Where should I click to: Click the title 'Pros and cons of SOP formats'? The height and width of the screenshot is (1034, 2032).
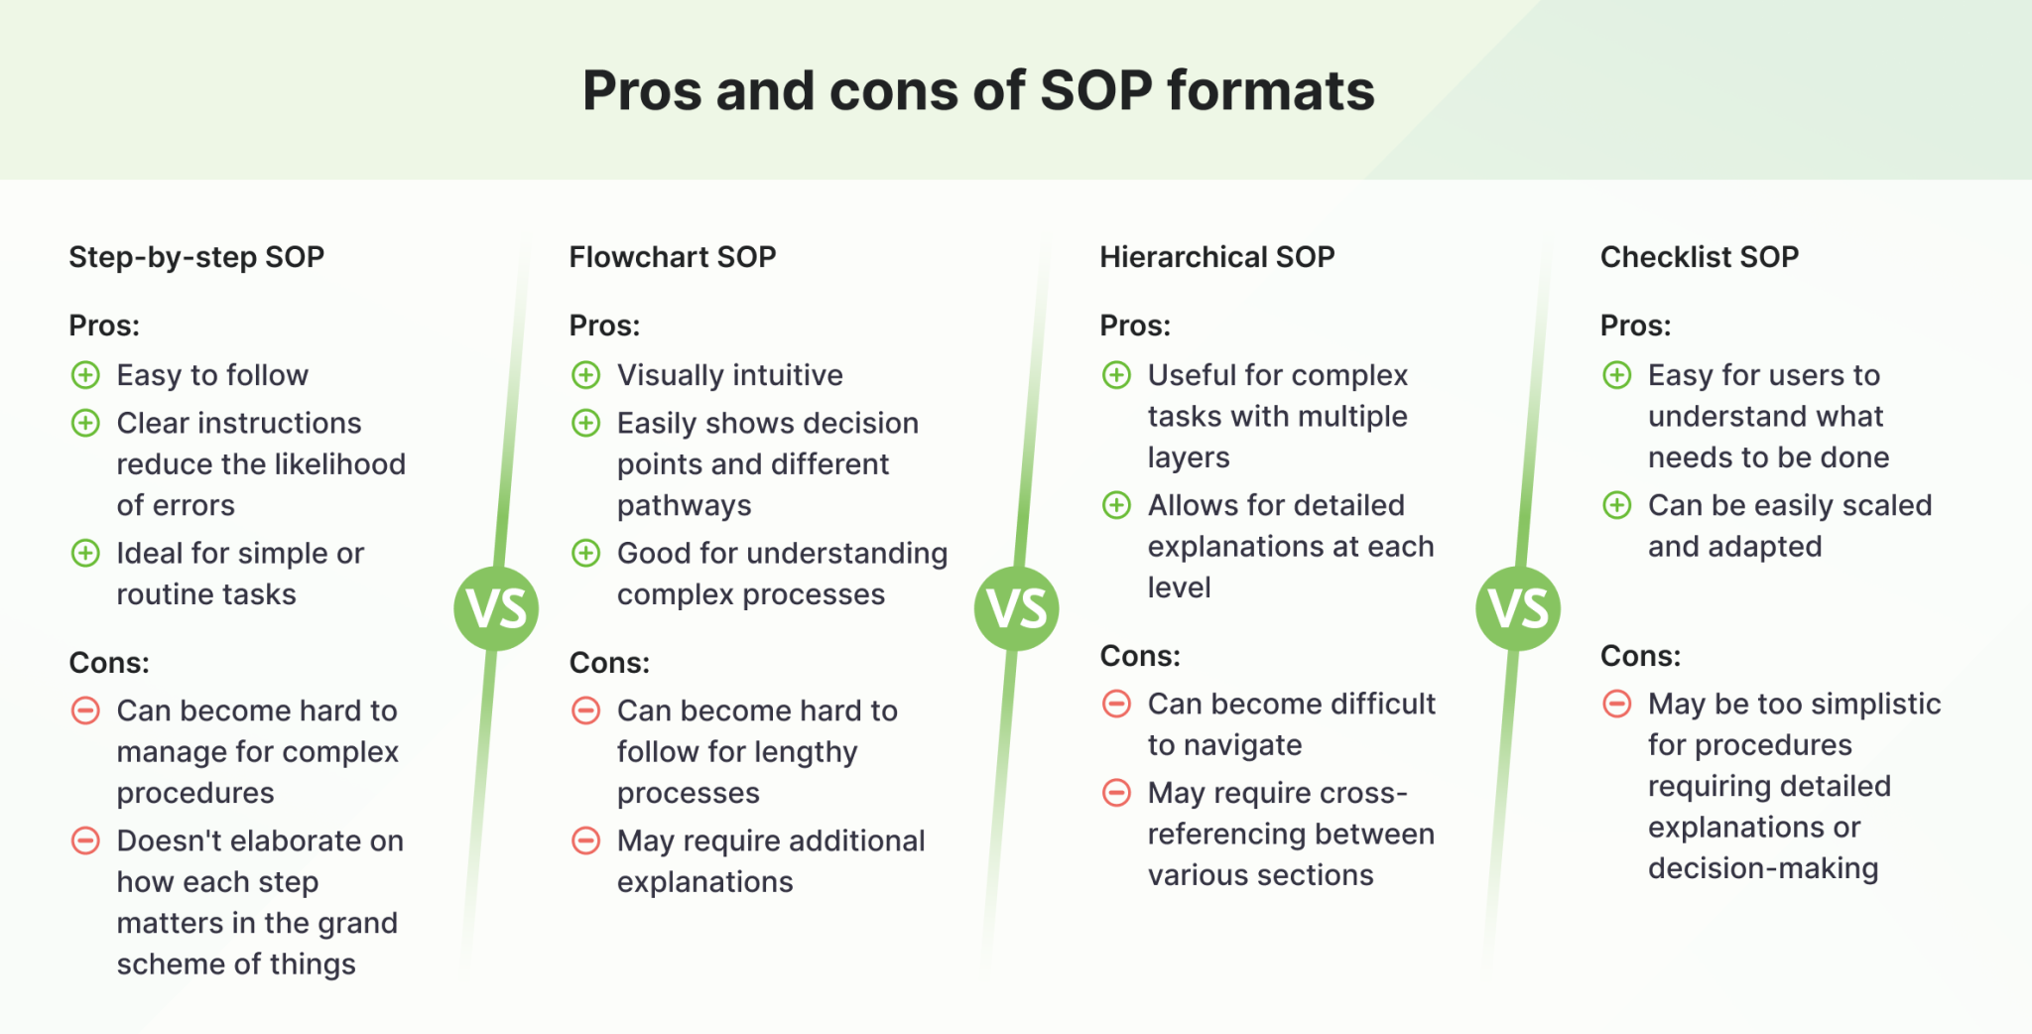click(x=978, y=90)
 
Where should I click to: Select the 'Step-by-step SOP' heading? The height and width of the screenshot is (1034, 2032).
click(x=196, y=257)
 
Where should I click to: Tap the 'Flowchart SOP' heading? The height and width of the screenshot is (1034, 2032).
click(x=672, y=257)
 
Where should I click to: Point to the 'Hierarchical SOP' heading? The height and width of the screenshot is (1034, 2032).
click(x=1216, y=257)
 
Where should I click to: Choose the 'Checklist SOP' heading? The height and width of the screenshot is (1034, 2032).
click(x=1699, y=257)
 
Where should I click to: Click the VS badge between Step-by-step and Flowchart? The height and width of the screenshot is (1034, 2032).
click(x=496, y=608)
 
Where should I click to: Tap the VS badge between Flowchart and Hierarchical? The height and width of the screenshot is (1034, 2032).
click(x=1017, y=608)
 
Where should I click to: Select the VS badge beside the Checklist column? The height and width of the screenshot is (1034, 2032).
click(x=1518, y=608)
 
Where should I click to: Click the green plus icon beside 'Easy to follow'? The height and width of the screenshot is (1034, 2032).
click(x=86, y=375)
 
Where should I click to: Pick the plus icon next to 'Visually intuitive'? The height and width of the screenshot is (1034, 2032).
click(x=586, y=375)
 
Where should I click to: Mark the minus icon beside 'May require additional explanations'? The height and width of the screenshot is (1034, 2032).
click(x=586, y=841)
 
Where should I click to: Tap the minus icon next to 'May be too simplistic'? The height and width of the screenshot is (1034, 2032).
click(x=1617, y=705)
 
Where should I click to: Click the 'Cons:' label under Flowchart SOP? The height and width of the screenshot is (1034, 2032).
click(x=609, y=662)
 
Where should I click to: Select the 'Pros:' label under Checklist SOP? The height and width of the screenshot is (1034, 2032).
click(x=1635, y=325)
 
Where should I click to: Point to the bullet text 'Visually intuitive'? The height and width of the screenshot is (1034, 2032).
click(x=729, y=375)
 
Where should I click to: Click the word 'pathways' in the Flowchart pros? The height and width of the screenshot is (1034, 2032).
click(x=684, y=506)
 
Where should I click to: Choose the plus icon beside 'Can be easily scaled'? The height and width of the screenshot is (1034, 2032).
click(x=1617, y=506)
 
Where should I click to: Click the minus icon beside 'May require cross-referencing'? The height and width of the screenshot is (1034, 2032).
click(x=1117, y=793)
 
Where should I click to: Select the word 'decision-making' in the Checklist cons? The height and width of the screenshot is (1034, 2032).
click(x=1763, y=868)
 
